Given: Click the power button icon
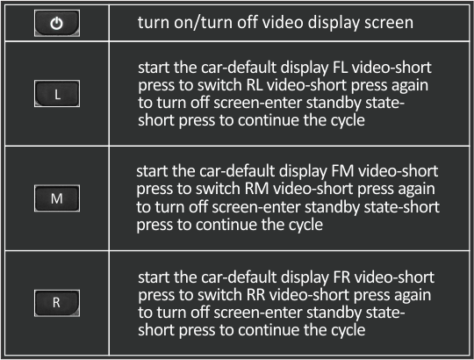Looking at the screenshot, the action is (x=57, y=23).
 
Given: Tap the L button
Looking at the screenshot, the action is (x=57, y=93).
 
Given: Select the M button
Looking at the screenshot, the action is (x=57, y=198).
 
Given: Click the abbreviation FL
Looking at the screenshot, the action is (x=340, y=68).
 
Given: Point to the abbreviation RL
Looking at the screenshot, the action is (x=255, y=85).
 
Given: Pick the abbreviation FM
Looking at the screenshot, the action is (x=342, y=171).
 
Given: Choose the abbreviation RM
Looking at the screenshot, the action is (x=256, y=189).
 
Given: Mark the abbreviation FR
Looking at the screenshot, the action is (x=341, y=277).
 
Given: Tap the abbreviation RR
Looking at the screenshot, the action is (x=256, y=295).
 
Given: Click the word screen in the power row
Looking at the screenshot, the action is (x=389, y=23).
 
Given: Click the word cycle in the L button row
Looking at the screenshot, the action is (x=348, y=121).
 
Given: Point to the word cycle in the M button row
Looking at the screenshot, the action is (x=305, y=226).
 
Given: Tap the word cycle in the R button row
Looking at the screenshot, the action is (x=348, y=330).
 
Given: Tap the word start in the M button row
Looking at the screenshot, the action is (x=152, y=172).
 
